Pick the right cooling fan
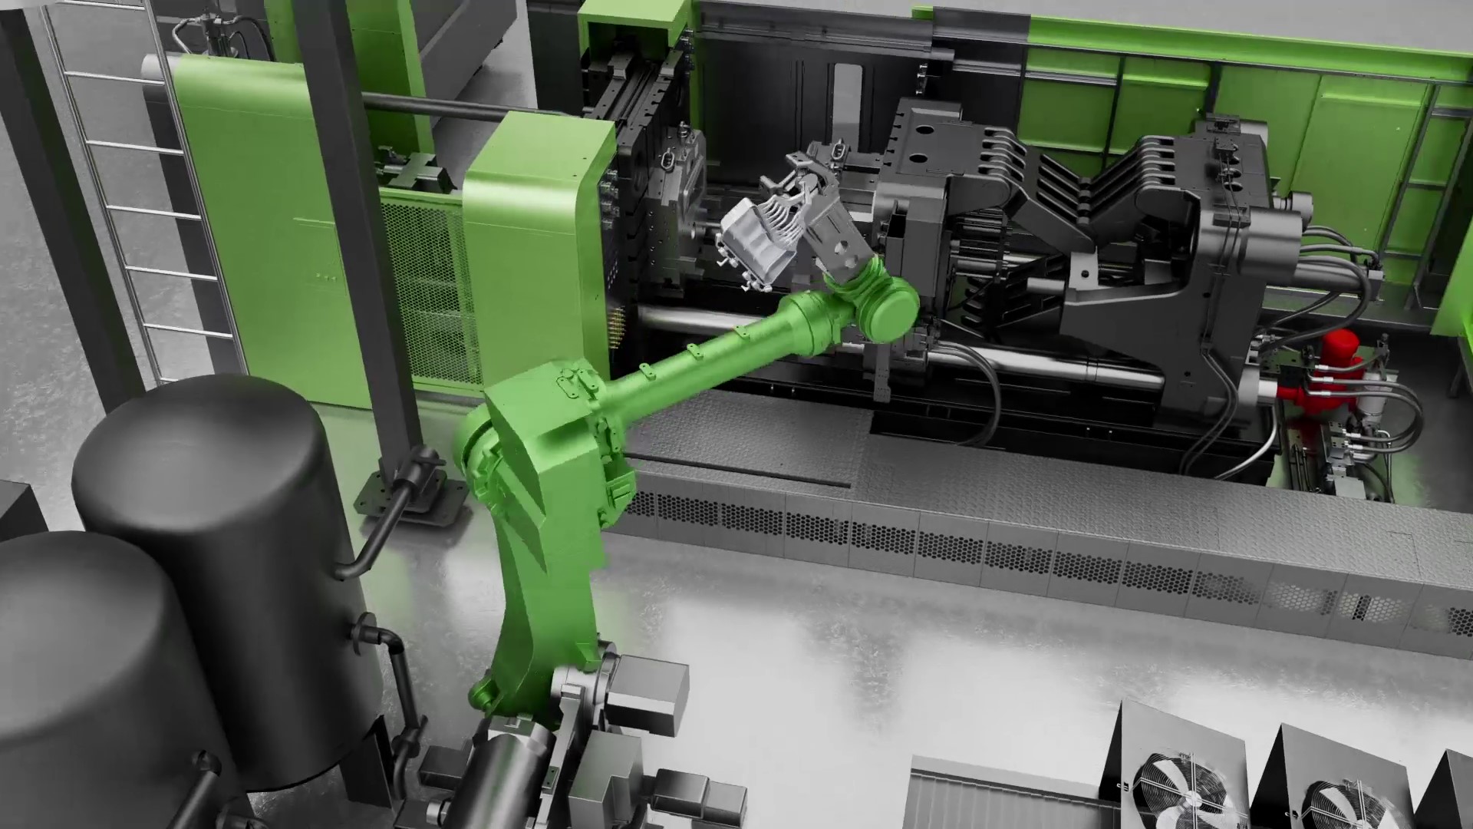click(1343, 798)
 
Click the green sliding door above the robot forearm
click(529, 223)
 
